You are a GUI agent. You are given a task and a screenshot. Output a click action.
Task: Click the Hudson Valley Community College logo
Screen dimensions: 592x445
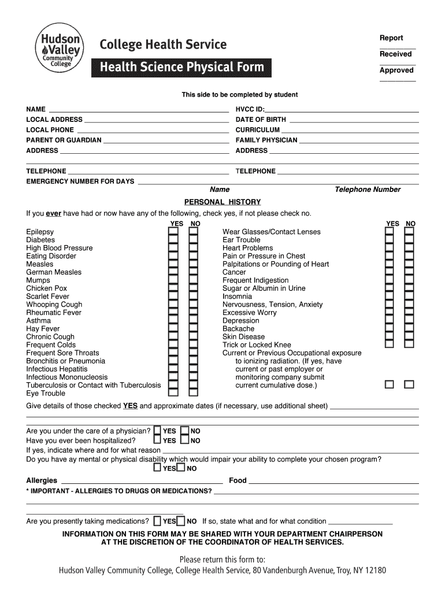pyautogui.click(x=59, y=49)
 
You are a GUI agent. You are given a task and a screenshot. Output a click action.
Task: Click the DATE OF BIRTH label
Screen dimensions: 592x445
pyautogui.click(x=261, y=120)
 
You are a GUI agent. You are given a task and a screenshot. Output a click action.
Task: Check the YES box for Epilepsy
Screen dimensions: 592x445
pyautogui.click(x=173, y=232)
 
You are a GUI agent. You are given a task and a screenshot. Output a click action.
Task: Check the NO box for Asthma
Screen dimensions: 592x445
pyautogui.click(x=194, y=321)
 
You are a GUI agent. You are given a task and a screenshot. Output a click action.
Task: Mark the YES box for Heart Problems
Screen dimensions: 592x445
pyautogui.click(x=390, y=248)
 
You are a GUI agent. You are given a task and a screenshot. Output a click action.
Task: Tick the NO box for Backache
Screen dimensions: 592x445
pyautogui.click(x=409, y=329)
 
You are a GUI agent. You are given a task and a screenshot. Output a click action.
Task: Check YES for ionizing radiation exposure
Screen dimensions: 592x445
pyautogui.click(x=390, y=384)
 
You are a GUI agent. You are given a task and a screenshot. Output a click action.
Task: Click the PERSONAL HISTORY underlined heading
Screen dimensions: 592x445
pyautogui.click(x=222, y=202)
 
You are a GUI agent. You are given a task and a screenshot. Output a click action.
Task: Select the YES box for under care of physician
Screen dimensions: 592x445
pyautogui.click(x=157, y=431)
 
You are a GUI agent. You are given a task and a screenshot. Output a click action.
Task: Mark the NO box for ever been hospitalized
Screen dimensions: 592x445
pyautogui.click(x=184, y=441)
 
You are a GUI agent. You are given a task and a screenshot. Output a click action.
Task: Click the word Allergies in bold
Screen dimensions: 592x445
pyautogui.click(x=42, y=480)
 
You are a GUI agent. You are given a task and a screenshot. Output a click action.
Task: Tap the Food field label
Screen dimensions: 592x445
pyautogui.click(x=238, y=480)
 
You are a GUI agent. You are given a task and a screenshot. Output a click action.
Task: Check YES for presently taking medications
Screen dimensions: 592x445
pyautogui.click(x=158, y=521)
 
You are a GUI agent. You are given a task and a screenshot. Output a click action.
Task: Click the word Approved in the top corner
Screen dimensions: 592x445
pyautogui.click(x=396, y=70)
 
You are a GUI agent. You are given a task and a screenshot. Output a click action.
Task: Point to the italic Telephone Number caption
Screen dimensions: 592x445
pyautogui.click(x=368, y=190)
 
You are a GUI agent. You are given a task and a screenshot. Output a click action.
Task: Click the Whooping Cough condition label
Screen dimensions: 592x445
pyautogui.click(x=54, y=305)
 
